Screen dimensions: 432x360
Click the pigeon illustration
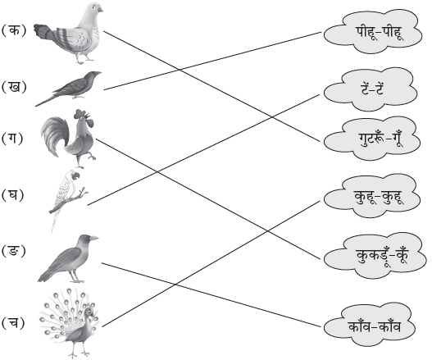pos(69,33)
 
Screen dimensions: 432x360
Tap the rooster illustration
pos(69,139)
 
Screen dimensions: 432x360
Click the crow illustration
pos(68,258)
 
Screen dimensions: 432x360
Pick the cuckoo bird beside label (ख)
pos(68,89)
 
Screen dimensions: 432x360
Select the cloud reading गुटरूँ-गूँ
pos(372,139)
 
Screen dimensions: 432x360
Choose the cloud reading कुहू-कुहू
pos(372,196)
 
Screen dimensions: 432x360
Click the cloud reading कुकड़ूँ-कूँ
pos(375,255)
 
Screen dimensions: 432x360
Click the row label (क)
pos(14,30)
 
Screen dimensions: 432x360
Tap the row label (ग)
pos(12,138)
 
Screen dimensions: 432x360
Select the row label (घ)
pos(12,195)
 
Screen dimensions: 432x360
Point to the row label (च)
pos(13,322)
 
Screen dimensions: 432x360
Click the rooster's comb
pos(83,113)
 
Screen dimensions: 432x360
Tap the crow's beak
pos(93,238)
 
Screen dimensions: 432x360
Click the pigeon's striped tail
pos(45,33)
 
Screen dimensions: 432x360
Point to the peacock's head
pos(89,312)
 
